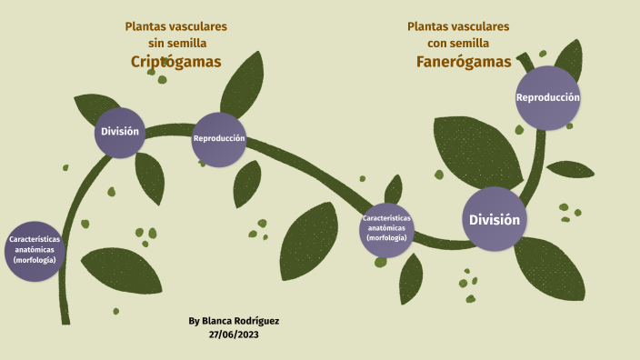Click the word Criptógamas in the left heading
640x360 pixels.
point(176,61)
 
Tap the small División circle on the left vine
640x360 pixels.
point(120,132)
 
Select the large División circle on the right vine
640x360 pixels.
point(495,219)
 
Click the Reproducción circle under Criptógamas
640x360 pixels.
point(219,139)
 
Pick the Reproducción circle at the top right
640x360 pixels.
point(547,97)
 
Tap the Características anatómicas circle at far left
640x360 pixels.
point(35,249)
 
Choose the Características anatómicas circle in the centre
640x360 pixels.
point(386,228)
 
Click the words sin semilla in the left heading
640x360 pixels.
point(177,43)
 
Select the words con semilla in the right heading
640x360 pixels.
point(459,43)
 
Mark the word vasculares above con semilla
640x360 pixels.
point(482,26)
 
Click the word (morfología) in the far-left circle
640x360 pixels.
point(35,260)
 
